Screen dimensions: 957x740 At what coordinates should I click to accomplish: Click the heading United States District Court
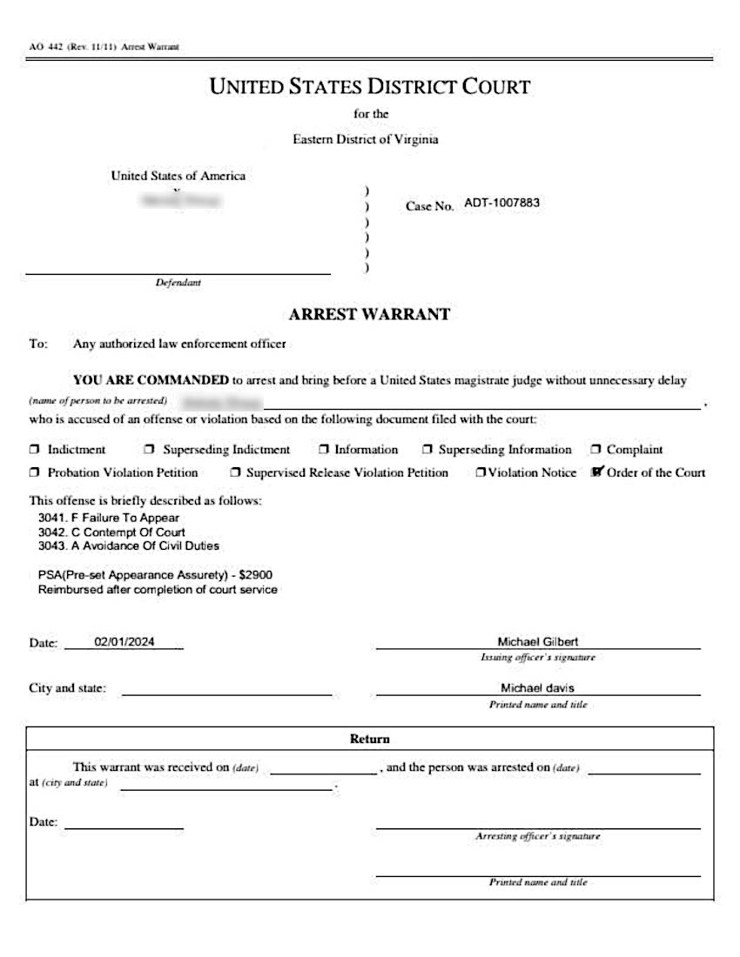click(370, 87)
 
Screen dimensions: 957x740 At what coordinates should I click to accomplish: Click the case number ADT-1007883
click(502, 203)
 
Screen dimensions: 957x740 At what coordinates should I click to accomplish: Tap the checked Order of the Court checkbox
click(597, 472)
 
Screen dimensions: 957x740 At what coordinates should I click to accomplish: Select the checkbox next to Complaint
click(596, 450)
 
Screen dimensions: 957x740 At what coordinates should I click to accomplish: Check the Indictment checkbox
click(35, 450)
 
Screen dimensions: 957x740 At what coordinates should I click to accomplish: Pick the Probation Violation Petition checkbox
click(35, 473)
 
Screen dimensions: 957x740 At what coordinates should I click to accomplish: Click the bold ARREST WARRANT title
click(369, 314)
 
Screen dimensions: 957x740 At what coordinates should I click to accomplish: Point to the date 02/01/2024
click(124, 642)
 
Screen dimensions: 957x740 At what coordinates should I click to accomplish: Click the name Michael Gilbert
click(537, 641)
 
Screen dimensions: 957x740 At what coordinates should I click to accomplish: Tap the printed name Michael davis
click(537, 687)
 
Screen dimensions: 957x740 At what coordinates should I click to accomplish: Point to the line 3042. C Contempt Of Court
click(111, 532)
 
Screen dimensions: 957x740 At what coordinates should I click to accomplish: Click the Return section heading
click(370, 739)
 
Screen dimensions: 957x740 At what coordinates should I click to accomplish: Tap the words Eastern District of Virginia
click(366, 139)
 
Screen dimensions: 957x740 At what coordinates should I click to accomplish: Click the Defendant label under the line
click(178, 283)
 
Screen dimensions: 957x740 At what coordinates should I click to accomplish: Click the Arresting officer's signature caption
click(537, 836)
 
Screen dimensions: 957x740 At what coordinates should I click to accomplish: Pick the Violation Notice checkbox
click(481, 473)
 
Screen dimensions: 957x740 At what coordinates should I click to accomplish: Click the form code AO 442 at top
click(41, 46)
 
